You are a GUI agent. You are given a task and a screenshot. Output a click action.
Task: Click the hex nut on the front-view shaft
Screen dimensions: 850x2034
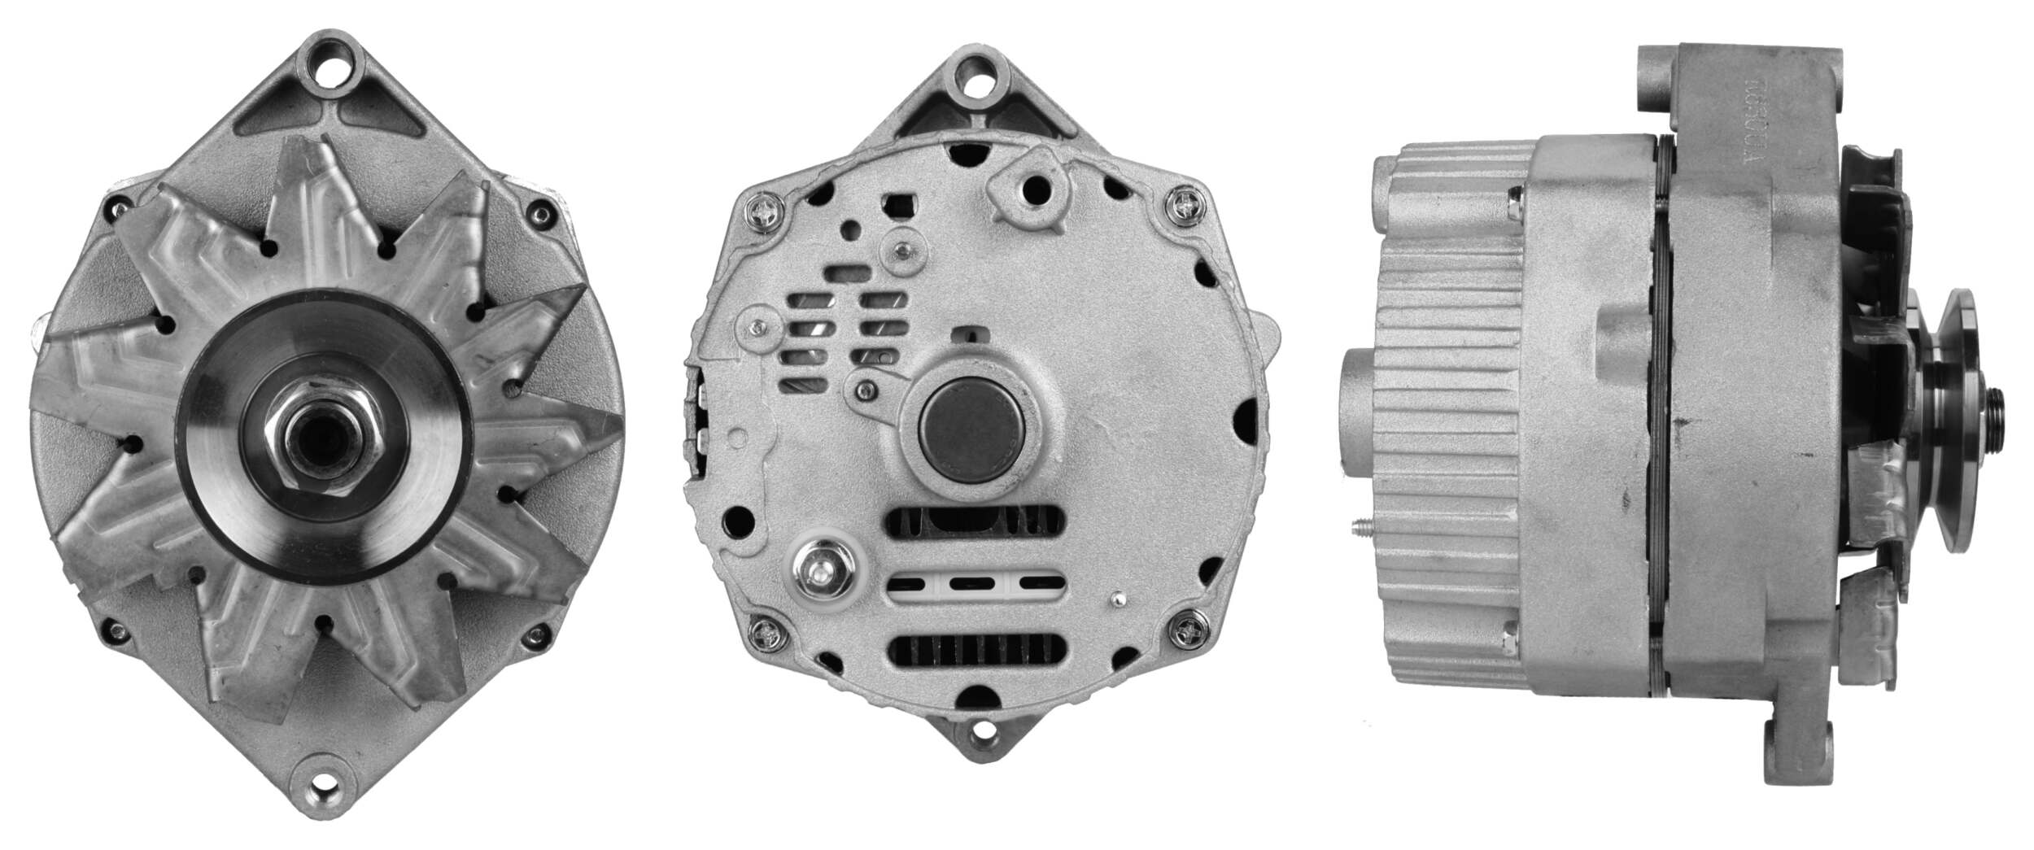325,438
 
